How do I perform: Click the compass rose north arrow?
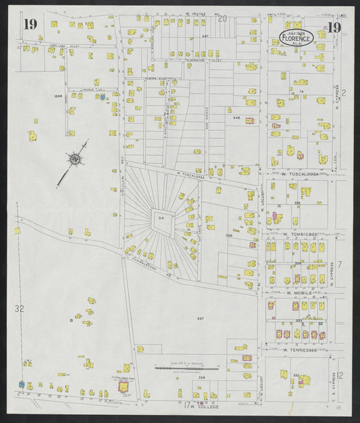(x=74, y=159)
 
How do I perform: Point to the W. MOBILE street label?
(x=297, y=293)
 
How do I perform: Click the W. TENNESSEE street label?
(x=300, y=350)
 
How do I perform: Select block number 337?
(x=200, y=317)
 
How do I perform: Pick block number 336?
(x=229, y=235)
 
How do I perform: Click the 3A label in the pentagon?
(x=161, y=219)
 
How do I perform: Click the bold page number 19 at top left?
(x=30, y=25)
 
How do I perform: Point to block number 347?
(x=205, y=36)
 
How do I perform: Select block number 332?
(x=296, y=375)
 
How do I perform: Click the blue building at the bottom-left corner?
(x=22, y=384)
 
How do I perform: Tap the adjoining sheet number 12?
(x=342, y=375)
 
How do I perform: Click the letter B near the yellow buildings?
(x=70, y=320)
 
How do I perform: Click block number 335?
(x=297, y=202)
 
